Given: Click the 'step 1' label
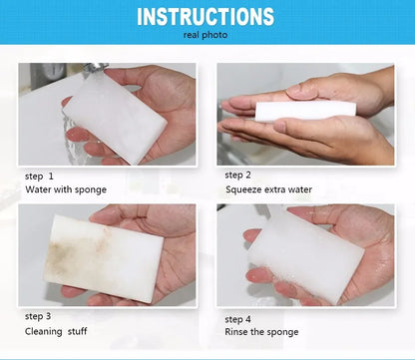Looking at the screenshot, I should point(44,176).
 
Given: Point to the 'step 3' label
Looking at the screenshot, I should point(44,316).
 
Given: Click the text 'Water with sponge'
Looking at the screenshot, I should point(66,189).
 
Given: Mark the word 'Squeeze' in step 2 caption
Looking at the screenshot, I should point(244,188).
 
